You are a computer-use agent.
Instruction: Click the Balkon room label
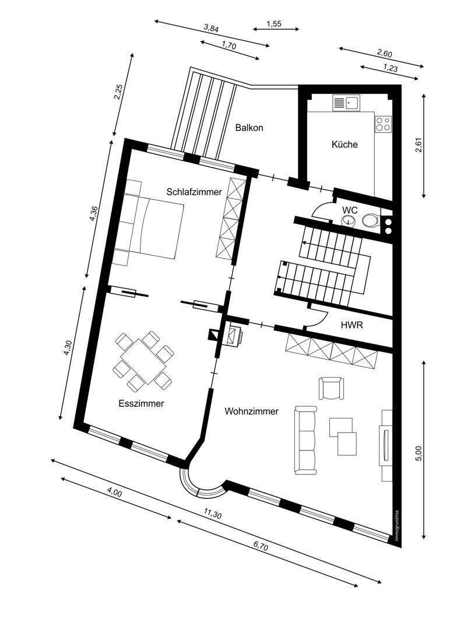[x=249, y=128]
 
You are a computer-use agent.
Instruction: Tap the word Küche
[x=344, y=144]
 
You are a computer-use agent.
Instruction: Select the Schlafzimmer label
[x=194, y=191]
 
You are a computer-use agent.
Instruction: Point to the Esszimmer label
[x=141, y=403]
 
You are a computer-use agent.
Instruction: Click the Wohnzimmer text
[x=251, y=411]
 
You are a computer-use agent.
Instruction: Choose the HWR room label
[x=352, y=326]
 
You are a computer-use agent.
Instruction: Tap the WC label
[x=350, y=210]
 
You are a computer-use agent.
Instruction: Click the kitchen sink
[x=346, y=103]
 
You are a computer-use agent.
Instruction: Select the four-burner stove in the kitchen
[x=383, y=124]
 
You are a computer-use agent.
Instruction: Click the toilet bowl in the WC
[x=370, y=221]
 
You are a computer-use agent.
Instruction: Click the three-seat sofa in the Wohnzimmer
[x=305, y=440]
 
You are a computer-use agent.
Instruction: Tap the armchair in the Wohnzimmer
[x=331, y=388]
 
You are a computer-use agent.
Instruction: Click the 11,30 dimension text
[x=212, y=514]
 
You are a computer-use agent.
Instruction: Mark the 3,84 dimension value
[x=212, y=28]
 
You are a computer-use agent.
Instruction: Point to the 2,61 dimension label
[x=419, y=145]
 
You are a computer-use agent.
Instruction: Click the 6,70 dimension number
[x=261, y=546]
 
